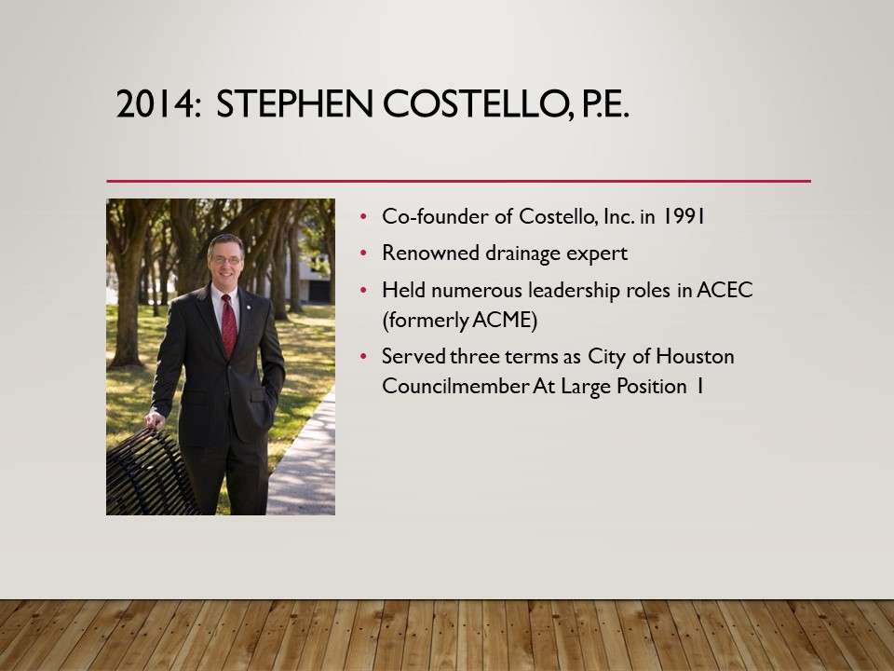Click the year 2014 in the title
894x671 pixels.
click(x=155, y=104)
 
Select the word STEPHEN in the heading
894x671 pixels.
click(x=294, y=104)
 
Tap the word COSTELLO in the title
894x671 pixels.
click(x=473, y=104)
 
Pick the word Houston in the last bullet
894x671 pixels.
click(x=695, y=357)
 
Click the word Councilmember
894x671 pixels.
click(x=455, y=386)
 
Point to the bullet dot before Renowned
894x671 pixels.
click(x=363, y=253)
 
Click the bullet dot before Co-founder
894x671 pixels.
click(x=363, y=216)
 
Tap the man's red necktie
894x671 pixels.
click(x=229, y=325)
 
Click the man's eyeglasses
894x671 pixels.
click(x=225, y=260)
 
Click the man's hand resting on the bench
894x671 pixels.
click(x=155, y=420)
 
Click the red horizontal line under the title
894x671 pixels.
click(x=458, y=181)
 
